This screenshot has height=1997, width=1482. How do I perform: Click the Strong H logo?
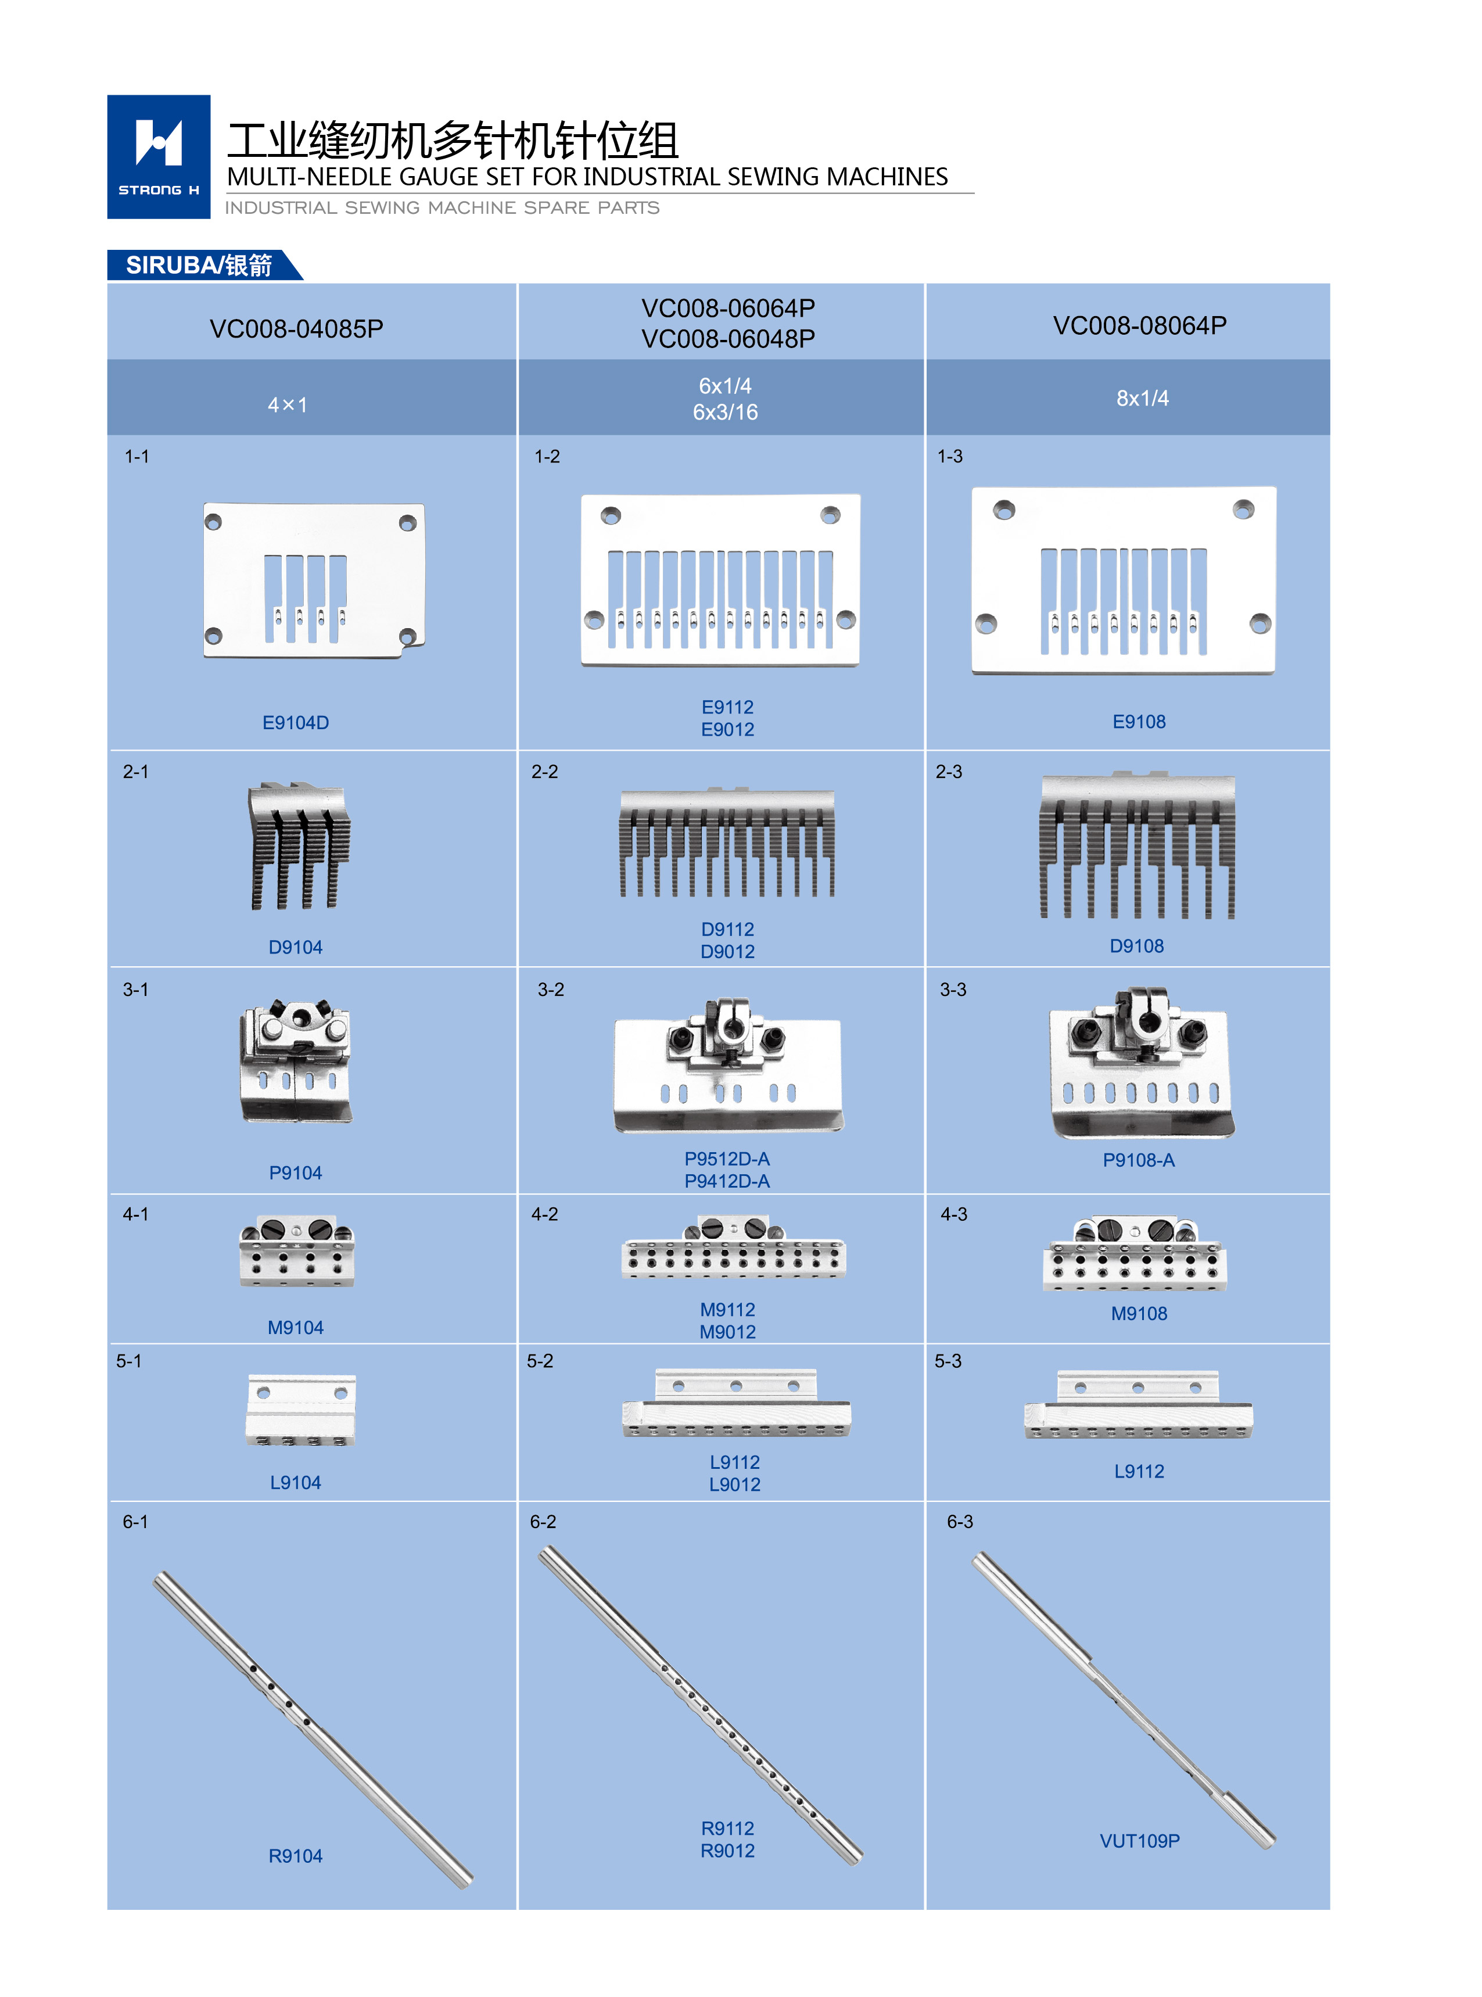point(159,157)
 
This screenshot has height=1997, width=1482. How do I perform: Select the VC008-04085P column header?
point(296,329)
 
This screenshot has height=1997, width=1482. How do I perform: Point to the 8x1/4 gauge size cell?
point(1142,399)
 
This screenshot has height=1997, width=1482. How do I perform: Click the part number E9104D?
point(295,722)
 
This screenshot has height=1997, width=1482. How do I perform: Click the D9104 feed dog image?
point(299,846)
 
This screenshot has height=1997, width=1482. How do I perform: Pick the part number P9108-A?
point(1139,1160)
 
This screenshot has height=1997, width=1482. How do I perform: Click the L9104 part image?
point(300,1410)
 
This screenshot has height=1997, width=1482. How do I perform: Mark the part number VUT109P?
point(1139,1841)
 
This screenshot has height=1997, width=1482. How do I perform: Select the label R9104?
point(295,1856)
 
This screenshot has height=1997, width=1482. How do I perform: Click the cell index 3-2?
point(550,989)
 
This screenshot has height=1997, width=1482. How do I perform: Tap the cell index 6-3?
point(959,1522)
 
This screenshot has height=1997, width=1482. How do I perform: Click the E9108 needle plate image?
point(1123,580)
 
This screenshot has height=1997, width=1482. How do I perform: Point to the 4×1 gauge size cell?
point(287,404)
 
